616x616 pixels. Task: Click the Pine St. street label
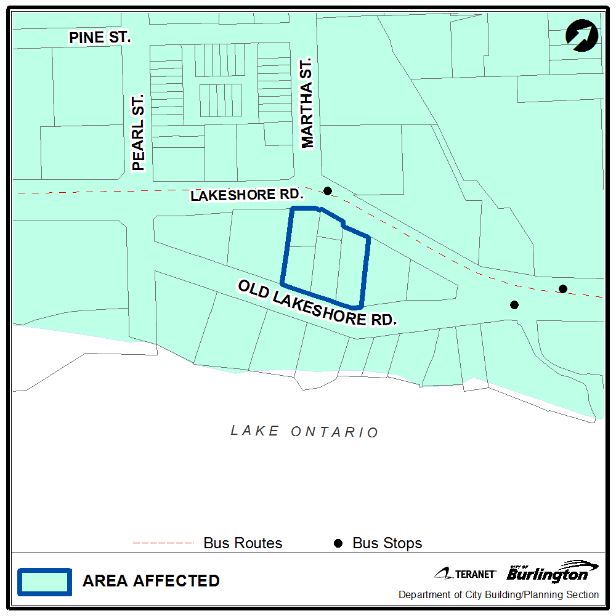[x=100, y=37]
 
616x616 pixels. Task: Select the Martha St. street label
[x=307, y=103]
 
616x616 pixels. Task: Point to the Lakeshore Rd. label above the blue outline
[x=248, y=195]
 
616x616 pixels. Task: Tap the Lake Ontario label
[x=304, y=431]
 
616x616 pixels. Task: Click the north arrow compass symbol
[x=582, y=34]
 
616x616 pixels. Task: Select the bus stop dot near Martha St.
[x=328, y=191]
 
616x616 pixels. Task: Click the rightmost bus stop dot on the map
[x=562, y=289]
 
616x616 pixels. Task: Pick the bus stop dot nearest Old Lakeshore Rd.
[x=514, y=304]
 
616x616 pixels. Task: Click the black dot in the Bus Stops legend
[x=338, y=543]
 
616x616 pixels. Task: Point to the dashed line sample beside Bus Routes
[x=163, y=543]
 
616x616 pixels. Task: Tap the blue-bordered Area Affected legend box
[x=44, y=581]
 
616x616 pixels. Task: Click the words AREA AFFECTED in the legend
[x=151, y=581]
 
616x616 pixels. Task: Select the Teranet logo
[x=465, y=573]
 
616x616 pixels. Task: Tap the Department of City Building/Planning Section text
[x=498, y=595]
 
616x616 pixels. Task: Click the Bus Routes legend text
[x=243, y=543]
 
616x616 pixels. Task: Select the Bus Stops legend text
[x=387, y=543]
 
